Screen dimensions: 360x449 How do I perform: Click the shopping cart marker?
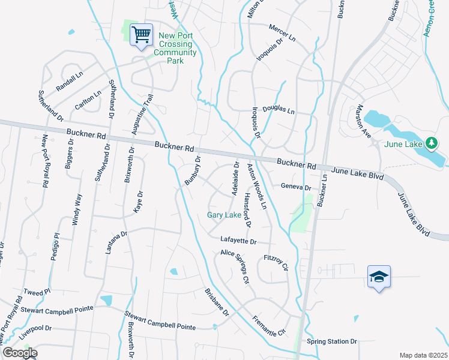coord(142,35)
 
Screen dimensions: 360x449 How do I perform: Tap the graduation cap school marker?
coord(379,277)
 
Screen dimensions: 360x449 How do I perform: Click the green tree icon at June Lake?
coord(430,143)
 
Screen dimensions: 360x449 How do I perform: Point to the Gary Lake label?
coord(224,215)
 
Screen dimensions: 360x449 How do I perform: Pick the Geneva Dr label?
coord(296,187)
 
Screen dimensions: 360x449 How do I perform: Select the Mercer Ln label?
coord(282,34)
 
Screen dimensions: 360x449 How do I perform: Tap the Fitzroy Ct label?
coord(277,262)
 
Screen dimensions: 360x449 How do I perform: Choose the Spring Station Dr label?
coord(332,341)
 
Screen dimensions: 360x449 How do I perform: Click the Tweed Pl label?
coord(34,292)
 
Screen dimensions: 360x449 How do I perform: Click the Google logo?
coord(19,353)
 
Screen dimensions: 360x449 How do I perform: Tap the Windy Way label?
coord(76,210)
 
